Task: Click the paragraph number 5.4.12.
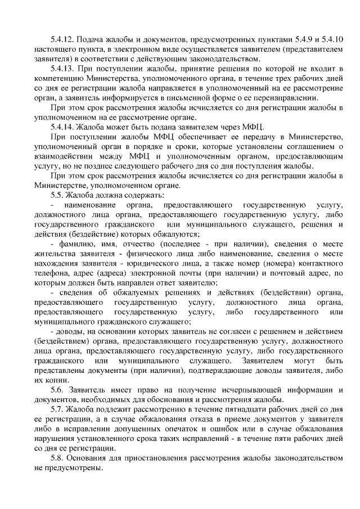click(62, 39)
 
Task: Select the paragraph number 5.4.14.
click(62, 127)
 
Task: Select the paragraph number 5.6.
click(57, 390)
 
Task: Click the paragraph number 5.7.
click(57, 409)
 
